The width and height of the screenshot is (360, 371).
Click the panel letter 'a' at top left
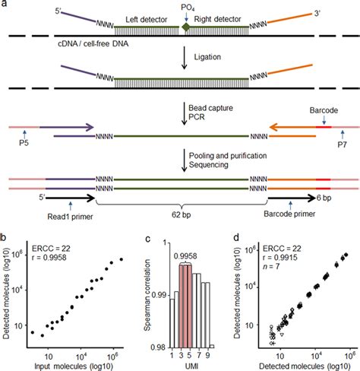pos(6,6)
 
